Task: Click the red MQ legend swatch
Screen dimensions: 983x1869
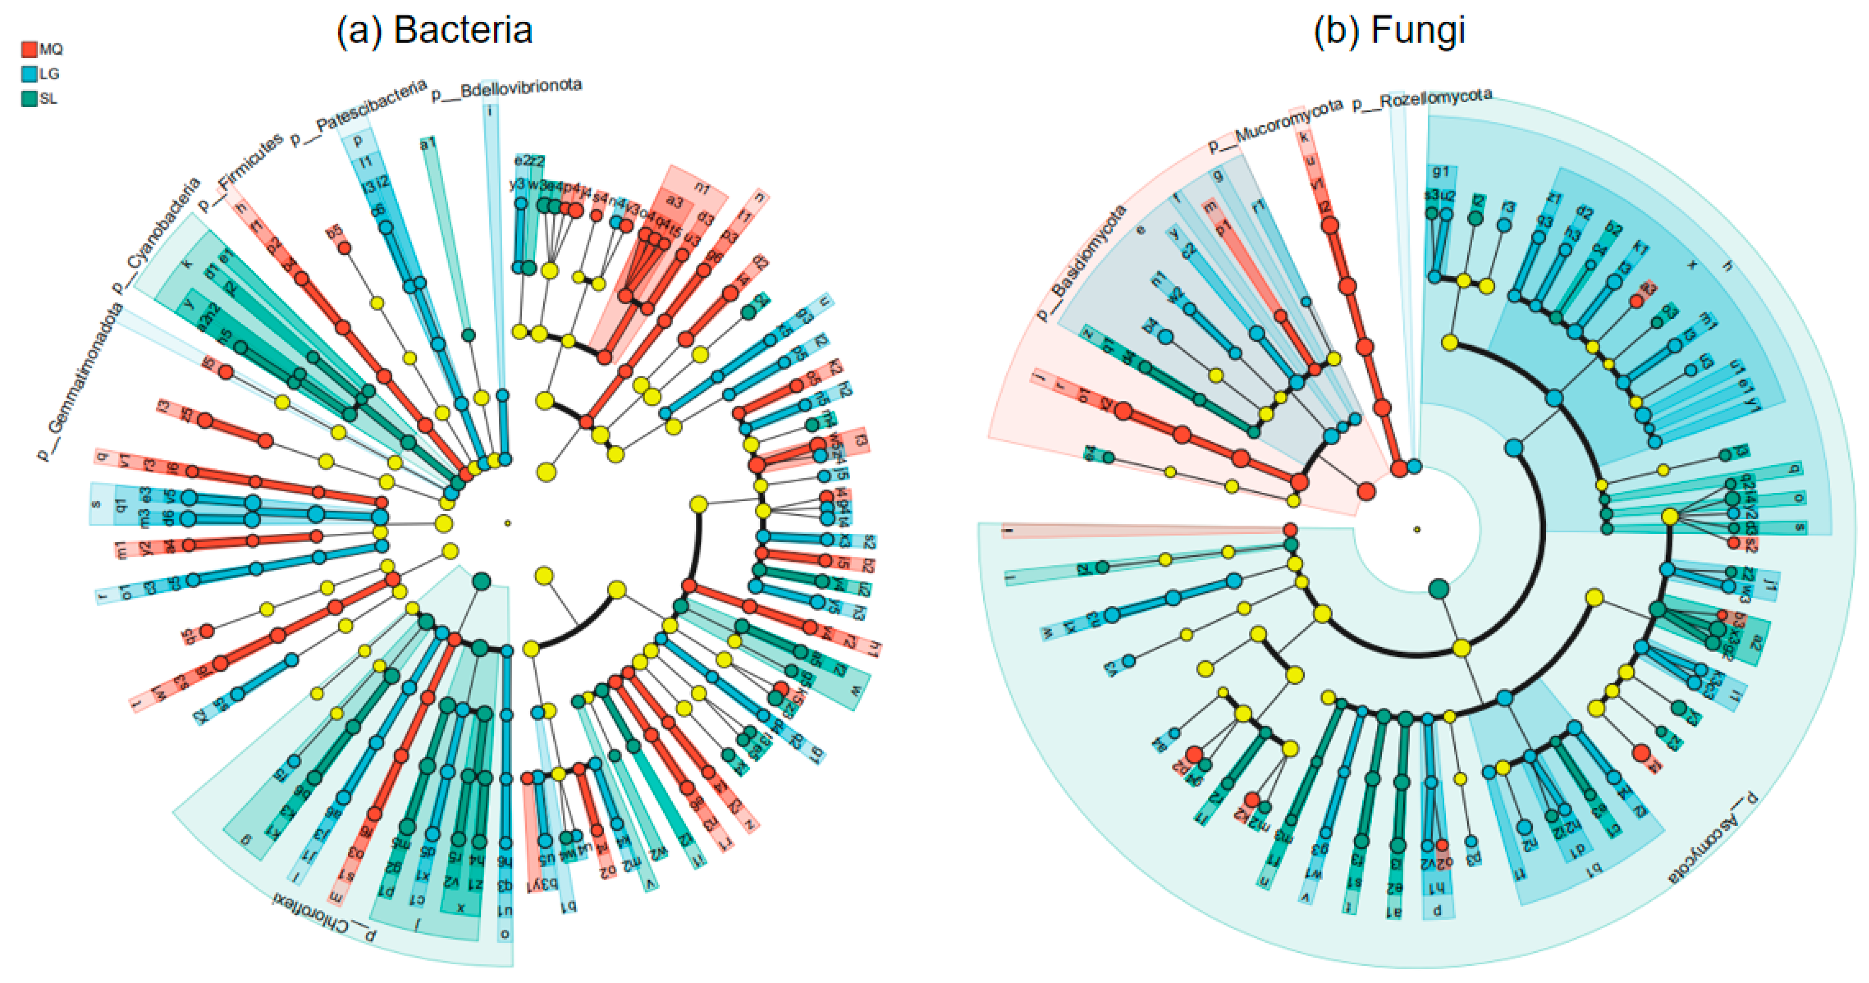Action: [x=29, y=49]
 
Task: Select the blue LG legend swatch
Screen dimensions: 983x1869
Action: [x=29, y=74]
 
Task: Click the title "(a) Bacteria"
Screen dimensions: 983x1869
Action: [x=434, y=31]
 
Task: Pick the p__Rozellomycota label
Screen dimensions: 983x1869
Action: [x=1421, y=99]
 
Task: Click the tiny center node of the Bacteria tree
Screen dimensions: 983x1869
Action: [x=508, y=522]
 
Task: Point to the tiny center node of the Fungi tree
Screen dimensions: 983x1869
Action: [x=1416, y=529]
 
